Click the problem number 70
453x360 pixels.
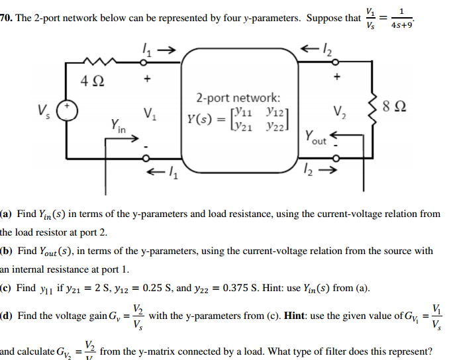point(5,18)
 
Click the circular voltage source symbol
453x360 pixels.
point(66,108)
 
